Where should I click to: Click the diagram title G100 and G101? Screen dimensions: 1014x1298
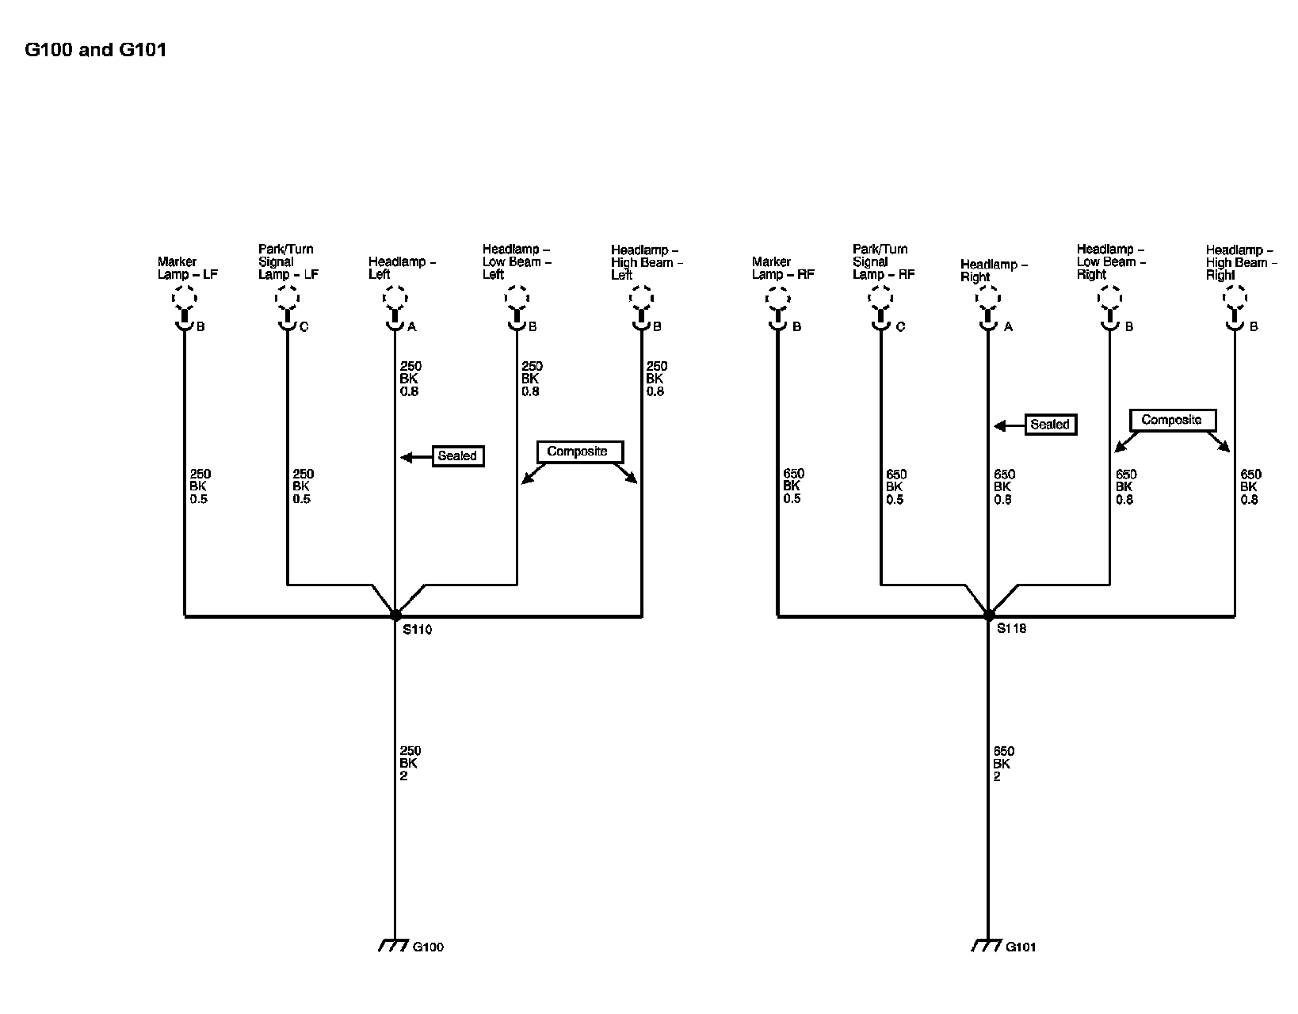[x=96, y=50]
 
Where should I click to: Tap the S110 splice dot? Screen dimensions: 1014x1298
[x=395, y=615]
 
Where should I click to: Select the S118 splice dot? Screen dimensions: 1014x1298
[x=988, y=615]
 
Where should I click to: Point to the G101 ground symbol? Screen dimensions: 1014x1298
[x=987, y=946]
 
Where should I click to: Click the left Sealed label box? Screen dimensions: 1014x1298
[x=458, y=456]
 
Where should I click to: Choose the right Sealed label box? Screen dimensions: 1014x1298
[x=1051, y=425]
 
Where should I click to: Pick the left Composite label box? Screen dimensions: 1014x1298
[x=579, y=452]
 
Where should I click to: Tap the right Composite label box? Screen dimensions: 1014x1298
[x=1172, y=420]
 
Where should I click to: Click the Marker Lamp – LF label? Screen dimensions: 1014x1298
[x=187, y=268]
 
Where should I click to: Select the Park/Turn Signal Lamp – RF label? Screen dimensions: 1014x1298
[x=883, y=261]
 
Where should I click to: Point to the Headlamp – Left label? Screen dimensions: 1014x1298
[x=401, y=268]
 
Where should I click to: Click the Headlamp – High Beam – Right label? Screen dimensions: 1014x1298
[x=1239, y=262]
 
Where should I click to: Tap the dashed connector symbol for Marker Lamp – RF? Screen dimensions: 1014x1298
[x=778, y=299]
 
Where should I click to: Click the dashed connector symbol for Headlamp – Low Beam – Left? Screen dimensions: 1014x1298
[x=517, y=299]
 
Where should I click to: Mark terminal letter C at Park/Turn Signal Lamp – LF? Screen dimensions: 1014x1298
[x=304, y=326]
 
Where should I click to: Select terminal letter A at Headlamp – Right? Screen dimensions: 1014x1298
[x=1008, y=326]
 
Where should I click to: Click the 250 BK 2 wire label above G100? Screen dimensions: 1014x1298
[x=410, y=763]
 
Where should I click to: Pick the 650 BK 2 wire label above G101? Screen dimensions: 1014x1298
[x=1003, y=764]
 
